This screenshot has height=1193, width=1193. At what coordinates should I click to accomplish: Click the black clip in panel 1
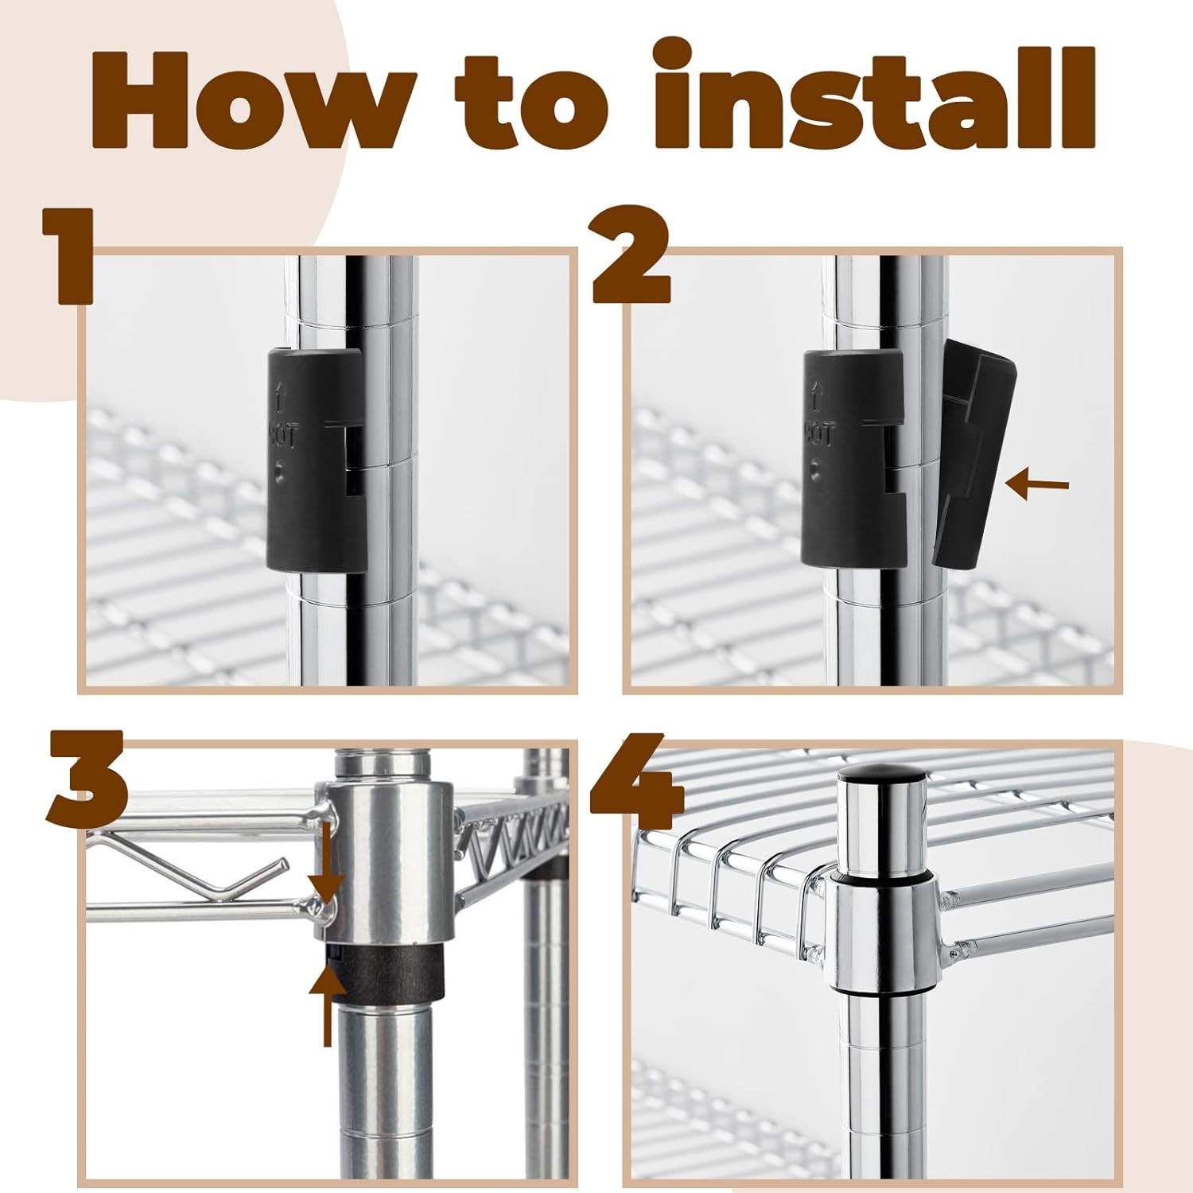[x=315, y=459]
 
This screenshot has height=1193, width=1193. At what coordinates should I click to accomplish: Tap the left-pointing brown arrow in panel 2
[x=1037, y=484]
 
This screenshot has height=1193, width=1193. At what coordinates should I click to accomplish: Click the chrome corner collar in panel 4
[x=883, y=931]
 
